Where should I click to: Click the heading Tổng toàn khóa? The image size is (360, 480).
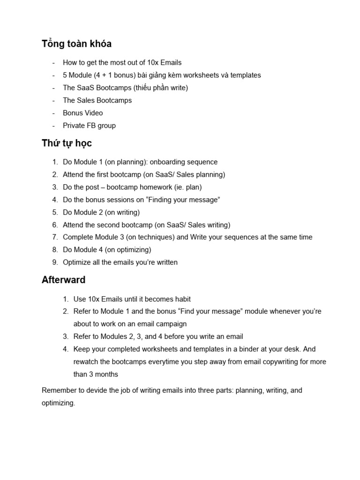(76, 44)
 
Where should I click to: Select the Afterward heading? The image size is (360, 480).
(63, 280)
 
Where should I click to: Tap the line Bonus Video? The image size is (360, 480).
(83, 113)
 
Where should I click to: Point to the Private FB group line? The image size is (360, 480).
(89, 126)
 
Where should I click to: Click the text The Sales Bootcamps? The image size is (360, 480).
(97, 100)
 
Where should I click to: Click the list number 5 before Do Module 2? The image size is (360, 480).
(55, 212)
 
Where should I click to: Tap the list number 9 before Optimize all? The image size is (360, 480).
(55, 262)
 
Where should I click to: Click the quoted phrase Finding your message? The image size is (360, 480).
(183, 200)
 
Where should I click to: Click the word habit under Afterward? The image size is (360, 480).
(181, 299)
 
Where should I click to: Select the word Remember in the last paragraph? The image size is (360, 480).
(58, 390)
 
